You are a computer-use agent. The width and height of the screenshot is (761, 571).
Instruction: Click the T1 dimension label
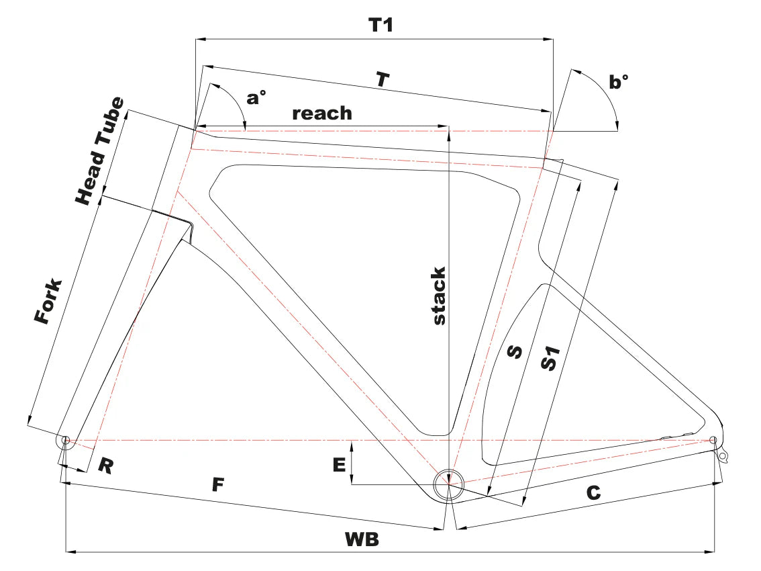coord(380,26)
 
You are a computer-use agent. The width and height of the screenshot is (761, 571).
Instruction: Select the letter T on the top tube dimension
coord(382,80)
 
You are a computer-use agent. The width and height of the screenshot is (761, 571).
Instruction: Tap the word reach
coord(322,113)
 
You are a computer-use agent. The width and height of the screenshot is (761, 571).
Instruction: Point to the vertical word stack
coord(438,296)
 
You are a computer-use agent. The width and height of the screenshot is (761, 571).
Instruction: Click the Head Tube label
coord(99,151)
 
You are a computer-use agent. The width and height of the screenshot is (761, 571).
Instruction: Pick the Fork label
coord(50,302)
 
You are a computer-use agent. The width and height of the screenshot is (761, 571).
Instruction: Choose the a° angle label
coord(256,98)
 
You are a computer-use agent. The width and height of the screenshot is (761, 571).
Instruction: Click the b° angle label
coord(619,82)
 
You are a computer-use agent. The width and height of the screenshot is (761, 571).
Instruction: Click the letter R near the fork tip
coord(105,466)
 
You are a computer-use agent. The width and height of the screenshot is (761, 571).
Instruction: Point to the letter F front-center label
coord(216,484)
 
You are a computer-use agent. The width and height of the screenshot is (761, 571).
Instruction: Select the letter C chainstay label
coord(593,493)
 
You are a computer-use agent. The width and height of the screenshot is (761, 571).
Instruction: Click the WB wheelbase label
coord(362,539)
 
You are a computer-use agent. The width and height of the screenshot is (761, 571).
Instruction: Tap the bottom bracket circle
coord(448,484)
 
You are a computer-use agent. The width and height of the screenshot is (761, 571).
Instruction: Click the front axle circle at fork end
coord(65,441)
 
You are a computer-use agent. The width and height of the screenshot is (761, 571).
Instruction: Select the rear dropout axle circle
coord(713,441)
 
